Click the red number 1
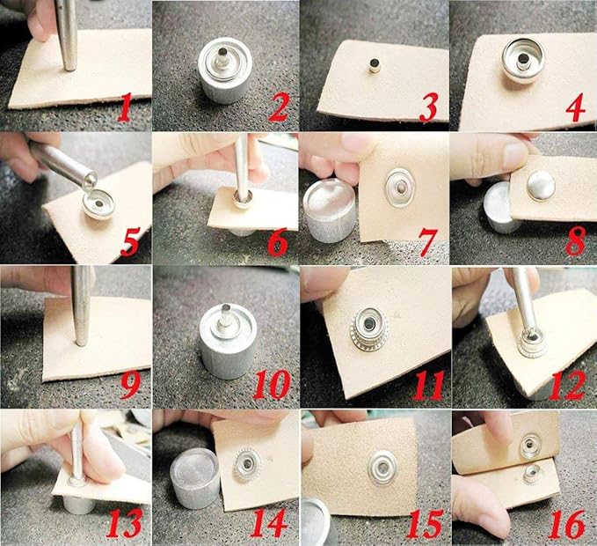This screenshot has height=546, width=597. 126,109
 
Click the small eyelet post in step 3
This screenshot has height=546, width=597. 375,65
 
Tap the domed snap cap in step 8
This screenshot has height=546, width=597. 541,185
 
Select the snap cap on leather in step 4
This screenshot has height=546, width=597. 523,60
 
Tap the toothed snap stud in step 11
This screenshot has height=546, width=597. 368,328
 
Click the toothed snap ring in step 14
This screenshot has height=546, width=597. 247,465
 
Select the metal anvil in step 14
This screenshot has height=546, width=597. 194,478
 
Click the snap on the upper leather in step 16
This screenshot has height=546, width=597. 530,445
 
